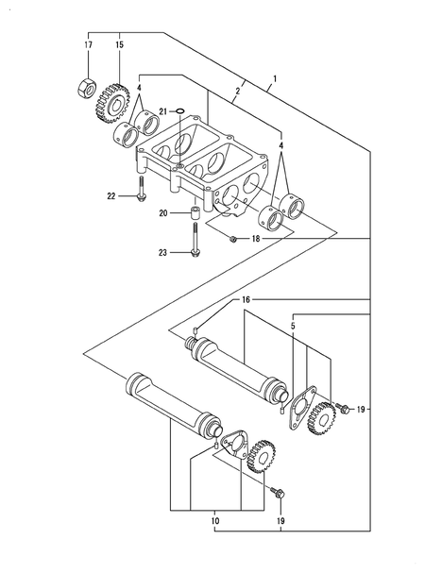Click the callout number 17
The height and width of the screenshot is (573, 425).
[87, 45]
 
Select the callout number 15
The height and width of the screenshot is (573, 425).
[120, 45]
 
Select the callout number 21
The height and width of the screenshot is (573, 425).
[162, 112]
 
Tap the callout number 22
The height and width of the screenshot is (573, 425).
[111, 196]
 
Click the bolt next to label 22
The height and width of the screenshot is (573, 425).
[140, 190]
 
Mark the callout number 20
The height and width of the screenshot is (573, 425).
[162, 214]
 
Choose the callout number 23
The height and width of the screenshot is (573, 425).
[162, 252]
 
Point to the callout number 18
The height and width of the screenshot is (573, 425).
[255, 240]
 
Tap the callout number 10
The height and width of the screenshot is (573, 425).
[216, 519]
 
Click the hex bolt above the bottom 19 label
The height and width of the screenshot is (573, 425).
[277, 492]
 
